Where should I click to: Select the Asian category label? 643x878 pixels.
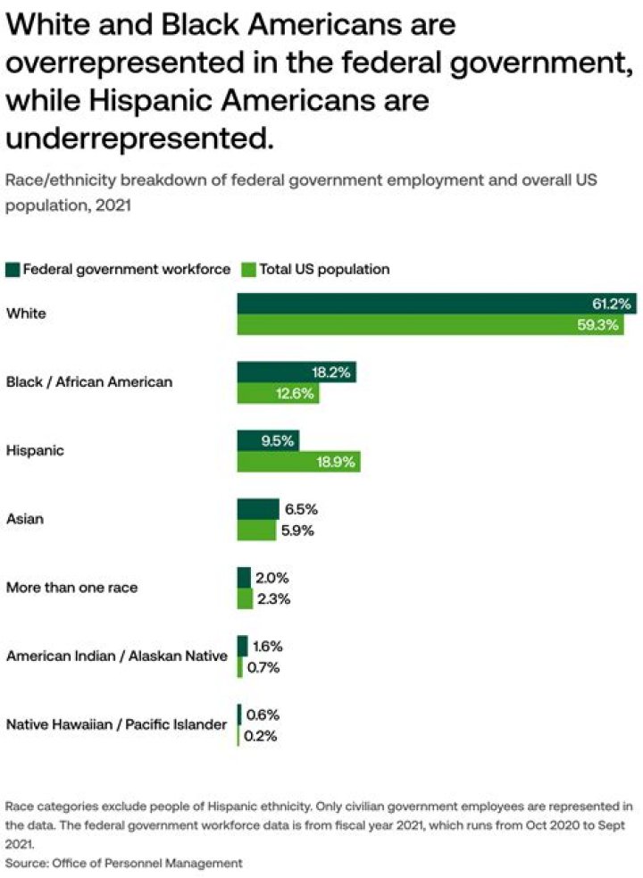click(x=25, y=519)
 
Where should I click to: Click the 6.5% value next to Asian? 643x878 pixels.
click(x=300, y=509)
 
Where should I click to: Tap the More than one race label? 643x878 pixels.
click(x=71, y=588)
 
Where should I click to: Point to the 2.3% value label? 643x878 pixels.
click(x=273, y=599)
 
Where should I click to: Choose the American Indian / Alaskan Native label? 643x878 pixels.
click(x=116, y=656)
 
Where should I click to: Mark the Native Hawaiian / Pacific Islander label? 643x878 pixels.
click(x=116, y=724)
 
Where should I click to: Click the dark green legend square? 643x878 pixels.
click(x=13, y=269)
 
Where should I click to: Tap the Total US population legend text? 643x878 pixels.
click(x=324, y=269)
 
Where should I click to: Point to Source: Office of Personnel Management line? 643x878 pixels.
click(x=124, y=862)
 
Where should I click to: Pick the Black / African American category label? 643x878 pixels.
click(x=89, y=382)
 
